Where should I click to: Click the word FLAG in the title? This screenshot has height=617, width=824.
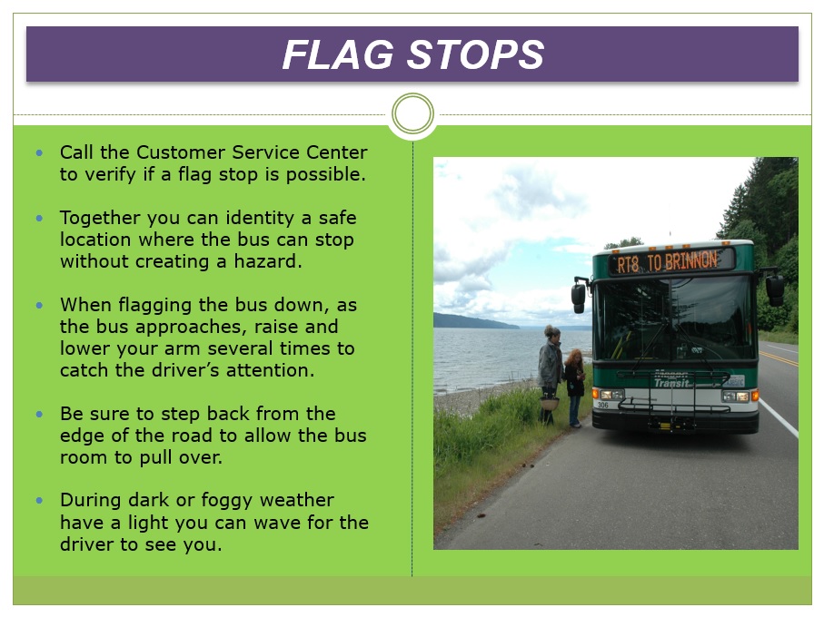pos(338,54)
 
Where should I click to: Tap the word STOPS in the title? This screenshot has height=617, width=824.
pos(475,54)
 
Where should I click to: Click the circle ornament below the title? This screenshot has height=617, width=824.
pos(412,113)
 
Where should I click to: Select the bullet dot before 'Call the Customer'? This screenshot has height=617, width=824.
pos(39,152)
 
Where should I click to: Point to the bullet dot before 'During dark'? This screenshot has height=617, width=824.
pos(39,501)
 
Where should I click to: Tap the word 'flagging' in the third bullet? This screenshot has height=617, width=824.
pos(155,306)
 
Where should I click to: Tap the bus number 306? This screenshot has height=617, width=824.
pos(602,405)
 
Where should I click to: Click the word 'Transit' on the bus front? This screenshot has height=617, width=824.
pos(671,383)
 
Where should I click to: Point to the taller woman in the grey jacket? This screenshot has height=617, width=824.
pos(549,374)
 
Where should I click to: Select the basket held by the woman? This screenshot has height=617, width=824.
pos(550,403)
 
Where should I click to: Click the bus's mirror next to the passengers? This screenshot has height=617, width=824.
pos(579,296)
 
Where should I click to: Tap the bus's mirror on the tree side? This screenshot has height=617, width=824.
pos(775,288)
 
